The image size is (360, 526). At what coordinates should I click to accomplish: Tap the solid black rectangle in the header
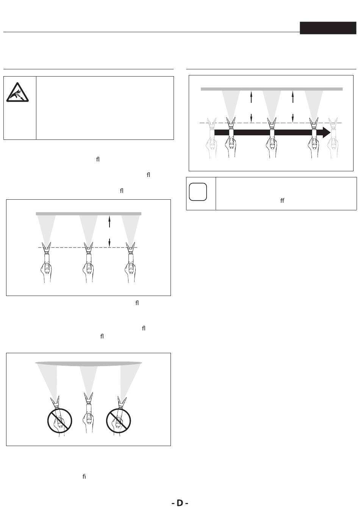point(328,28)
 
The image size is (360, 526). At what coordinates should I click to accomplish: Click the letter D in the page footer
point(180,503)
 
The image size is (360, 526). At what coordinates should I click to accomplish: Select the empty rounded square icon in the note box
point(198,192)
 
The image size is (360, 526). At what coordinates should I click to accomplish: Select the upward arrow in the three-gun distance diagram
point(109,221)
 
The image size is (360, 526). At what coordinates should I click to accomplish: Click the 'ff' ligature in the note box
point(282,200)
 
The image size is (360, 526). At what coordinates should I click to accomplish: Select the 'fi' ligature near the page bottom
point(84,477)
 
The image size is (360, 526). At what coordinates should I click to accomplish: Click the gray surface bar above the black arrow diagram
point(271,89)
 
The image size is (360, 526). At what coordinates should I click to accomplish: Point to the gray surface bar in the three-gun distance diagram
point(88,214)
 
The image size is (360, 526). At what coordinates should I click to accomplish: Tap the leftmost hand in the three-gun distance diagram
point(46,271)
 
